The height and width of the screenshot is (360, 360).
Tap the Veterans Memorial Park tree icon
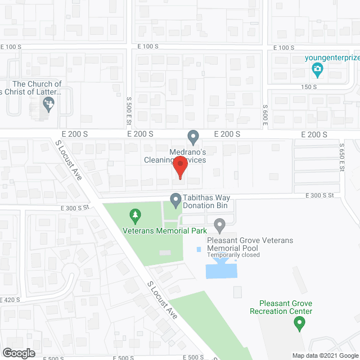click(x=134, y=214)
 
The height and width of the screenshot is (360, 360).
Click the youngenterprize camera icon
click(x=317, y=70)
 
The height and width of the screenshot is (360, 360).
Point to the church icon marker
click(x=48, y=103)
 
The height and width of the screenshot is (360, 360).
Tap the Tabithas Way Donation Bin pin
click(x=175, y=199)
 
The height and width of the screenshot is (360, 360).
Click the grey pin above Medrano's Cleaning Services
click(x=193, y=136)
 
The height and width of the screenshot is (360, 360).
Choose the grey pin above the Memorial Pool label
click(x=220, y=226)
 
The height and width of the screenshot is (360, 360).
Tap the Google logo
click(x=18, y=353)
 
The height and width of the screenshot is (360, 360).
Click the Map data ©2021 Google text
click(x=325, y=355)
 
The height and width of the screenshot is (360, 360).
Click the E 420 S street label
click(x=10, y=300)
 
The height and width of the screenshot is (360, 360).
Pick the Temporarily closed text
click(x=233, y=255)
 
